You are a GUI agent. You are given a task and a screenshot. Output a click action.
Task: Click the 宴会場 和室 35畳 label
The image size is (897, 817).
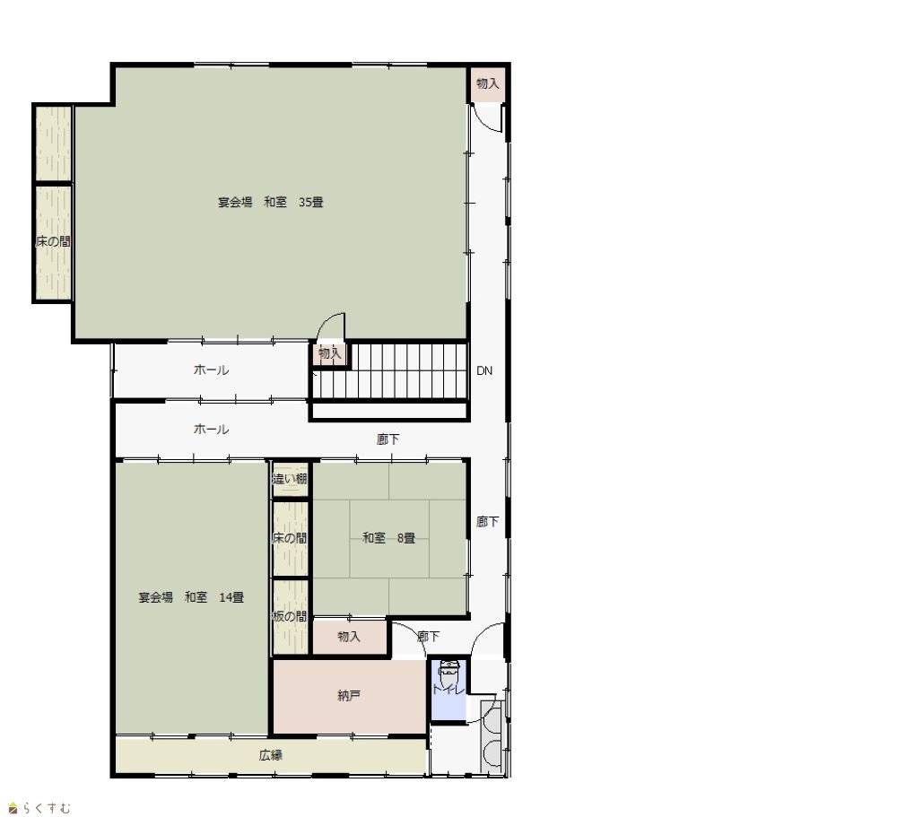[271, 202]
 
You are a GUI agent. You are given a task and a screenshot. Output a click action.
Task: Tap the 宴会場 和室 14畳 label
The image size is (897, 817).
[191, 597]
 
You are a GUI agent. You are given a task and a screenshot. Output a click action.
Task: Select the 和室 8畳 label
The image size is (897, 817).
[389, 538]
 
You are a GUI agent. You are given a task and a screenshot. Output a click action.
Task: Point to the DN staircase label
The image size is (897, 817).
[484, 370]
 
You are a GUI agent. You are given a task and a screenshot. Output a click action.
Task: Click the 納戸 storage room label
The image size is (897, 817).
[349, 696]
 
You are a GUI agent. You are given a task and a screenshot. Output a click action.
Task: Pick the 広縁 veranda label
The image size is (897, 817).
[271, 755]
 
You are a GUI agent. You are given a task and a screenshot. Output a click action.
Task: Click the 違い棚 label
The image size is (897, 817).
[290, 479]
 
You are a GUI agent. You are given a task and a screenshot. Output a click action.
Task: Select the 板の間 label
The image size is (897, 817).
[290, 616]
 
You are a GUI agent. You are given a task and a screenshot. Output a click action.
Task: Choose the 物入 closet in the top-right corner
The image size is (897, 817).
[487, 83]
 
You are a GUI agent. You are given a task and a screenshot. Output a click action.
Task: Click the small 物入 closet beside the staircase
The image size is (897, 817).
[329, 353]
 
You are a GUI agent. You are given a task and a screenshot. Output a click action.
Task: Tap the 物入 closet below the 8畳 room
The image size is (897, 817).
[349, 636]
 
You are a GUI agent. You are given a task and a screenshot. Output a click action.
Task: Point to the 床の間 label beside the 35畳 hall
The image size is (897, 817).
[53, 241]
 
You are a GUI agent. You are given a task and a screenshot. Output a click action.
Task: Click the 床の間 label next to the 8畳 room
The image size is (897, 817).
[290, 538]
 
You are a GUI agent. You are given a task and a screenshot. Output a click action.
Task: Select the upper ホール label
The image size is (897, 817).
[211, 370]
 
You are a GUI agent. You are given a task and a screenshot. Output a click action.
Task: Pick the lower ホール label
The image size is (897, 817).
[211, 429]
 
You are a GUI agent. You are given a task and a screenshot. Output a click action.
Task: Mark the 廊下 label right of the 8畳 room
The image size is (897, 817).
[487, 522]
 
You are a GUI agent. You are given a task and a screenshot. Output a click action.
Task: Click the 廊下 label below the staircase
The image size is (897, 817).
[388, 439]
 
